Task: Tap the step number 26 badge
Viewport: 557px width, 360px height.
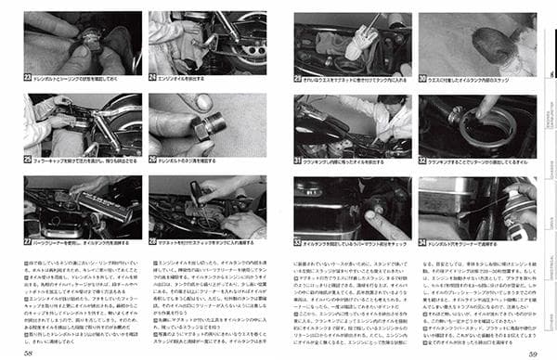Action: coord(153,160)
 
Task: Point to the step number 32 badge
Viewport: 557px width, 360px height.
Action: coord(422,161)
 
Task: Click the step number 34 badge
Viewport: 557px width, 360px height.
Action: coord(422,243)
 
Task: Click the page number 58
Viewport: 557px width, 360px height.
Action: coord(30,351)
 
